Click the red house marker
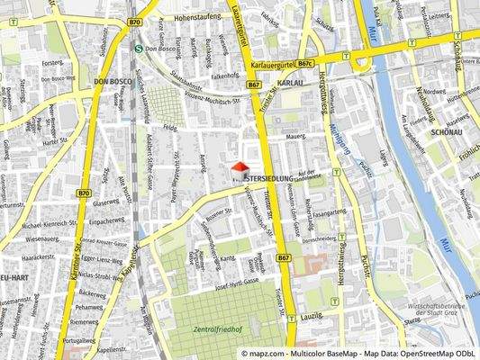point(240,169)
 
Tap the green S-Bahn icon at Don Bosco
point(138,49)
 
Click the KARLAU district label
point(291,82)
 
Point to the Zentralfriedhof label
point(217,330)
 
